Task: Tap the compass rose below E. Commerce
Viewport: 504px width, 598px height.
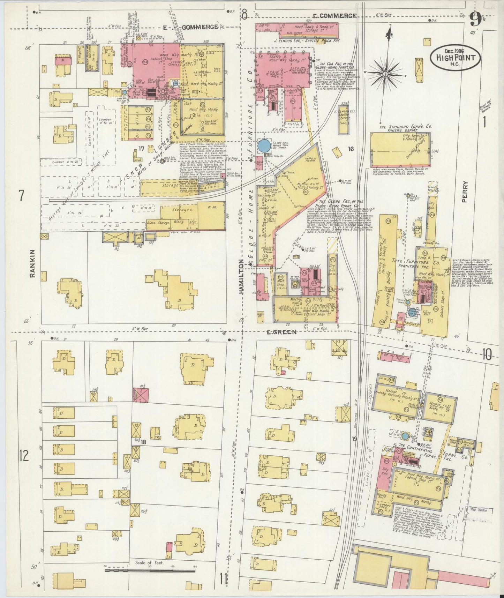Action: [385, 74]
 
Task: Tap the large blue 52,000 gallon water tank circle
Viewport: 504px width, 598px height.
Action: [264, 145]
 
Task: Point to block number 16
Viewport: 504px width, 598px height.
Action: [351, 149]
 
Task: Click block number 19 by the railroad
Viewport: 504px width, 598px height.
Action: [354, 439]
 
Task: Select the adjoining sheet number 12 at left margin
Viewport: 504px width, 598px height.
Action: [24, 456]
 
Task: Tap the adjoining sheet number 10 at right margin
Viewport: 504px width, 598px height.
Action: [487, 355]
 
